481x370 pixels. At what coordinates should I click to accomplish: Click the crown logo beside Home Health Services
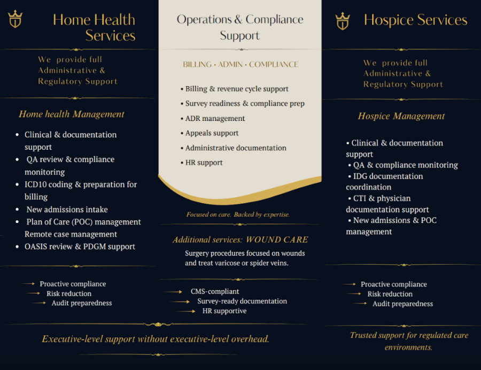pos(15,19)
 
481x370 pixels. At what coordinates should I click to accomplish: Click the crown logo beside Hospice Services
pos(342,21)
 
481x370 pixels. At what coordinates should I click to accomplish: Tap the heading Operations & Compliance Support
pos(240,27)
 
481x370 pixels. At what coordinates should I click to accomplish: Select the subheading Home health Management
pos(72,114)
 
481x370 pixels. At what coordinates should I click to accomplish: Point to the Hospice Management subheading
pos(401,116)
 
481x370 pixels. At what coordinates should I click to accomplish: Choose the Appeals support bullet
pos(212,133)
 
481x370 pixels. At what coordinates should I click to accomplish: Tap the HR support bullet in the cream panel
pos(204,163)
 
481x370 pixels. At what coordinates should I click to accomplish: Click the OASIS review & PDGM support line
pos(80,246)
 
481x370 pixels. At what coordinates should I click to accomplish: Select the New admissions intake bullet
pos(67,209)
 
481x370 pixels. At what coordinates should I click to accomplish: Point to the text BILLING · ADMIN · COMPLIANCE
pos(241,64)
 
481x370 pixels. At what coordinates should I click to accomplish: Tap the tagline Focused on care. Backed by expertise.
pos(238,214)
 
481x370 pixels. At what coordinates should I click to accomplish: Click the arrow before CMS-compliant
pos(173,292)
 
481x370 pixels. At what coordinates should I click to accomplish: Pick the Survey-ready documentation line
pos(242,302)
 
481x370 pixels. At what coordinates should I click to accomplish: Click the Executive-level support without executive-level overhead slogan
pos(156,339)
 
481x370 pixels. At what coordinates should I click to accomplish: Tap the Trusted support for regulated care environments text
pos(409,341)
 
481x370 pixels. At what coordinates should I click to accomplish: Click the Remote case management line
pos(71,234)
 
